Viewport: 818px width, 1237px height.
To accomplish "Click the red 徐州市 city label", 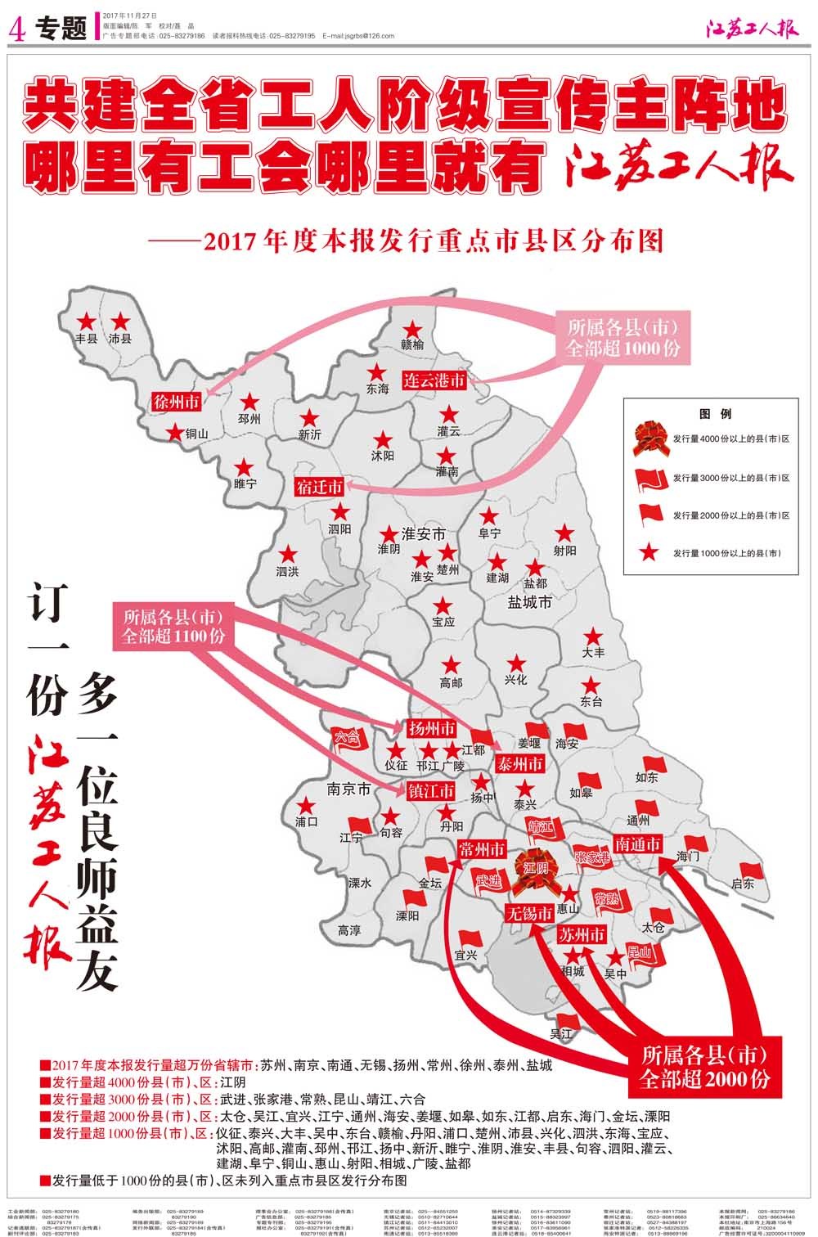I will point(177,402).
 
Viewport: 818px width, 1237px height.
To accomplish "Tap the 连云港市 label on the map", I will point(434,380).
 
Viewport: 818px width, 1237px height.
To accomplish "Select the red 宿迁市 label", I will point(319,488).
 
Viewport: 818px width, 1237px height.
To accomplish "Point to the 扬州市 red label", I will point(431,728).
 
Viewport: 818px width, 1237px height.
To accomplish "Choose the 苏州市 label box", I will point(582,934).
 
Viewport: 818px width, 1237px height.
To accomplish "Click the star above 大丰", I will point(593,636).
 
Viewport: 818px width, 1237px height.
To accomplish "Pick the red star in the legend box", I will point(649,552).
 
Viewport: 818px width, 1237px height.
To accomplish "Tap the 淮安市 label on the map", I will point(423,534).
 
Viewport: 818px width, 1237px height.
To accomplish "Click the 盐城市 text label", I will point(529,602).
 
